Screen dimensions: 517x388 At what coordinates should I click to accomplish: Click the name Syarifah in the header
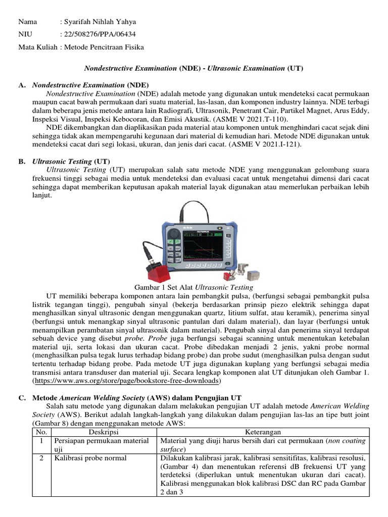click(x=76, y=22)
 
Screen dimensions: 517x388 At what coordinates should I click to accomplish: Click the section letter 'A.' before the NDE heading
click(x=22, y=85)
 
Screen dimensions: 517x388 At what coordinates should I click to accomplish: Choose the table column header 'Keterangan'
click(x=264, y=432)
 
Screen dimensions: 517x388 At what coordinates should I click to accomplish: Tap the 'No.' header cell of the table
click(x=41, y=432)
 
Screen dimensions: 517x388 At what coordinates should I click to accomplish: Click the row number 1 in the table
click(x=41, y=440)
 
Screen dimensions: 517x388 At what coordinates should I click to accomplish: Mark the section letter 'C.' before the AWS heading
click(x=22, y=397)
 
